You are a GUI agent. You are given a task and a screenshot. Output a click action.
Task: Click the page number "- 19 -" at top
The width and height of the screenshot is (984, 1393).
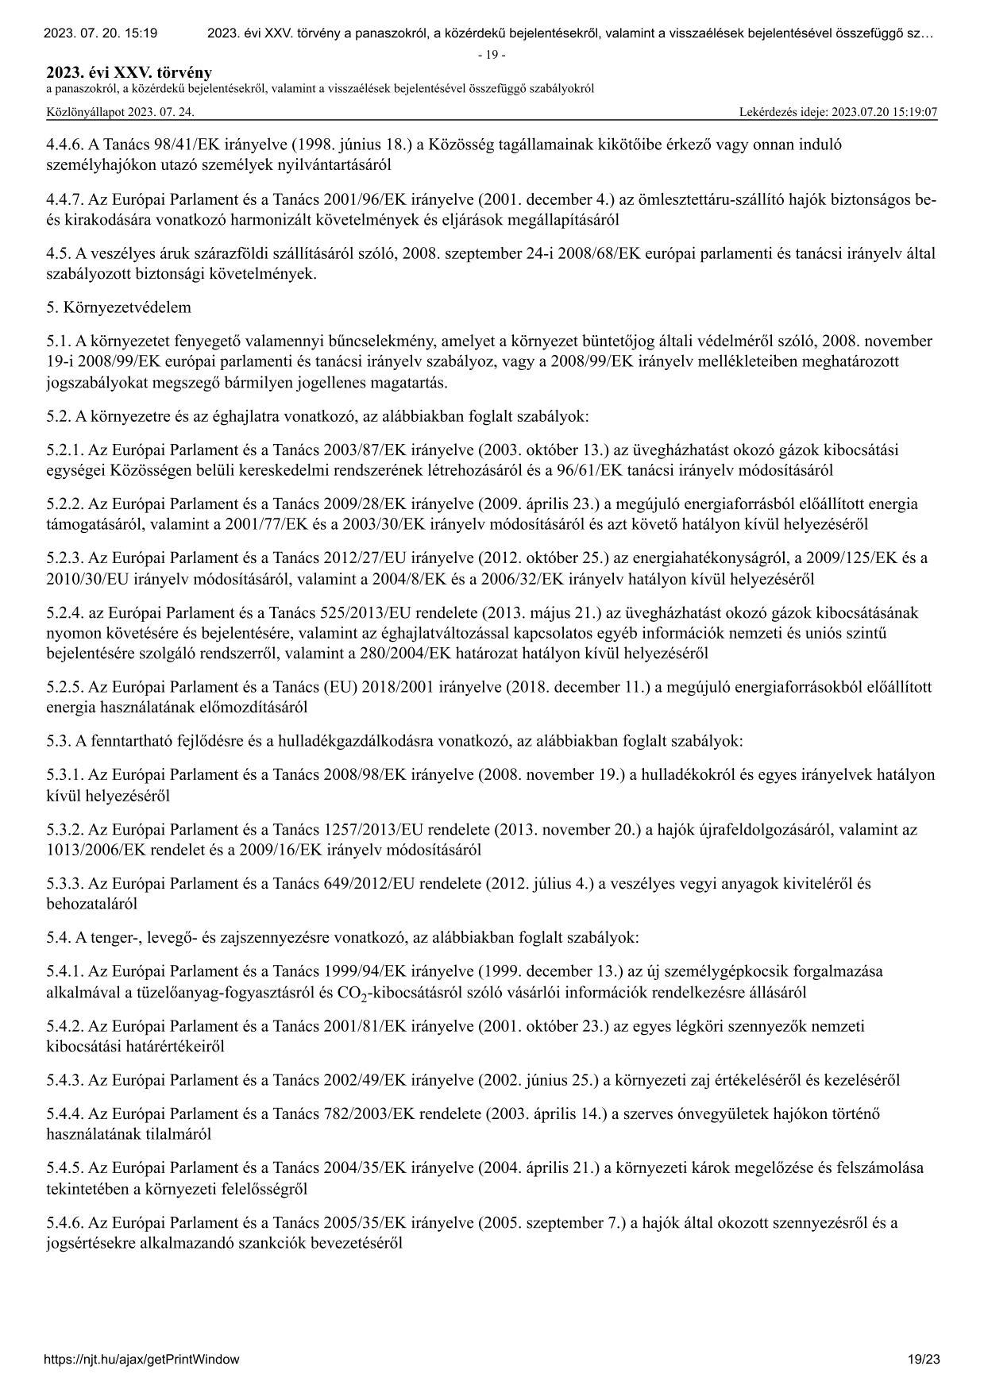click(492, 55)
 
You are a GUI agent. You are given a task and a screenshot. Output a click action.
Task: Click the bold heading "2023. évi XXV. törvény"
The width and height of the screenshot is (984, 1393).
click(129, 73)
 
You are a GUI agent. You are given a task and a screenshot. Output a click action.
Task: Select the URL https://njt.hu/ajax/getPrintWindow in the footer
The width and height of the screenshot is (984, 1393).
click(142, 1359)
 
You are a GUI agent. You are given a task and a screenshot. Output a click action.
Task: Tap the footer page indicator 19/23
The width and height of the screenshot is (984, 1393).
click(924, 1359)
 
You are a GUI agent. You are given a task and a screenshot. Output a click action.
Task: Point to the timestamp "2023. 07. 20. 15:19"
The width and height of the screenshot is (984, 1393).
click(100, 33)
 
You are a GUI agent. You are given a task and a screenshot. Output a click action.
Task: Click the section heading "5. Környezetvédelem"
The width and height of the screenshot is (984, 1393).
click(118, 307)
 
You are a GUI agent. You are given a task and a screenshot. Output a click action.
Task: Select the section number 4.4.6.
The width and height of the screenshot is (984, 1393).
click(64, 145)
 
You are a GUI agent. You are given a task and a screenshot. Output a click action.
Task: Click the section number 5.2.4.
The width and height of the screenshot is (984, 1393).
click(64, 613)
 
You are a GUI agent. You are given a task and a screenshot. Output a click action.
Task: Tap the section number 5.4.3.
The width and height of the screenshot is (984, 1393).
click(64, 1080)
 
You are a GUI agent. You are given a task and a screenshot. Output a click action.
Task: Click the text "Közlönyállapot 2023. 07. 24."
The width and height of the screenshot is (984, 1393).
click(121, 112)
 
